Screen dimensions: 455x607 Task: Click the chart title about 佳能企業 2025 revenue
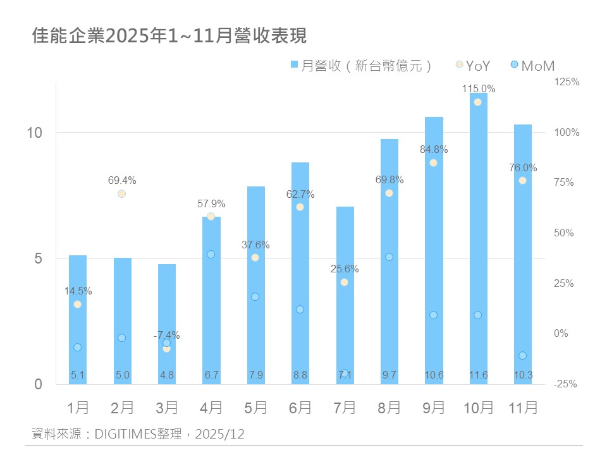pyautogui.click(x=169, y=36)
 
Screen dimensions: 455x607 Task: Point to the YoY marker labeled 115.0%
pyautogui.click(x=478, y=102)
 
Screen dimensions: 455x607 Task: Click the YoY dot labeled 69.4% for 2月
pyautogui.click(x=121, y=193)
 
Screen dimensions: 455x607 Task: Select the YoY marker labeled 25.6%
pyautogui.click(x=344, y=282)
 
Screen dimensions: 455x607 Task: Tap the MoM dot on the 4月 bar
pyautogui.click(x=211, y=254)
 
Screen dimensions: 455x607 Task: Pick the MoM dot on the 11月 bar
pyautogui.click(x=522, y=355)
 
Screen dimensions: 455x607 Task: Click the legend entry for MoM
pyautogui.click(x=532, y=65)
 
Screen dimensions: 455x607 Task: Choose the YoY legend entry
pyautogui.click(x=473, y=65)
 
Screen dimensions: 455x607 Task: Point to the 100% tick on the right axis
pyautogui.click(x=566, y=132)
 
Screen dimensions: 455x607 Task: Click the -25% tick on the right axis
pyautogui.click(x=565, y=384)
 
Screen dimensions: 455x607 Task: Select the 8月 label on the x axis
pyautogui.click(x=389, y=408)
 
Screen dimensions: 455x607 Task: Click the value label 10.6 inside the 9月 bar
pyautogui.click(x=434, y=375)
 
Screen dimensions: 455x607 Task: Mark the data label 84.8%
pyautogui.click(x=434, y=150)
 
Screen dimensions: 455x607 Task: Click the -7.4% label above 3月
pyautogui.click(x=167, y=335)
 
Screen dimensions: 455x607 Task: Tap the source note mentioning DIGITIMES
pyautogui.click(x=138, y=434)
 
